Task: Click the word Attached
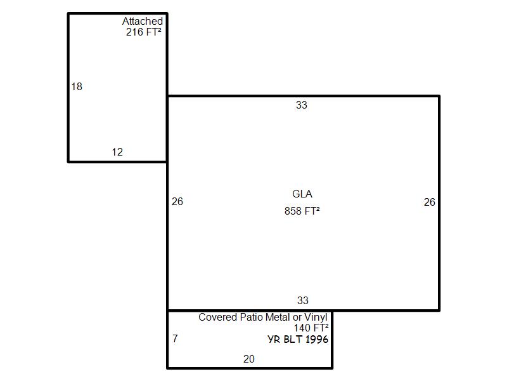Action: pyautogui.click(x=142, y=21)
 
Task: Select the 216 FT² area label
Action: pyautogui.click(x=144, y=32)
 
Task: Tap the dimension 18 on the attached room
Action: pyautogui.click(x=77, y=86)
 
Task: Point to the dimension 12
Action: pyautogui.click(x=117, y=152)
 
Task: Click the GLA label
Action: pyautogui.click(x=302, y=194)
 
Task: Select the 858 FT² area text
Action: pyautogui.click(x=302, y=211)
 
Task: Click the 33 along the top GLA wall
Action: pyautogui.click(x=302, y=105)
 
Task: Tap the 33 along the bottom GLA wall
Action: pyautogui.click(x=303, y=300)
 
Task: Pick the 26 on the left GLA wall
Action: pyautogui.click(x=177, y=201)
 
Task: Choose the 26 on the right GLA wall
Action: pyautogui.click(x=430, y=202)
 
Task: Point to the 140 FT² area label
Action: pyautogui.click(x=311, y=328)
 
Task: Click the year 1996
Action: pyautogui.click(x=317, y=339)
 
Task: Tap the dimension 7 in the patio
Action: pyautogui.click(x=175, y=338)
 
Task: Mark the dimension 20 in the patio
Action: pyautogui.click(x=249, y=359)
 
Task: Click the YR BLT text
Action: pyautogui.click(x=286, y=339)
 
